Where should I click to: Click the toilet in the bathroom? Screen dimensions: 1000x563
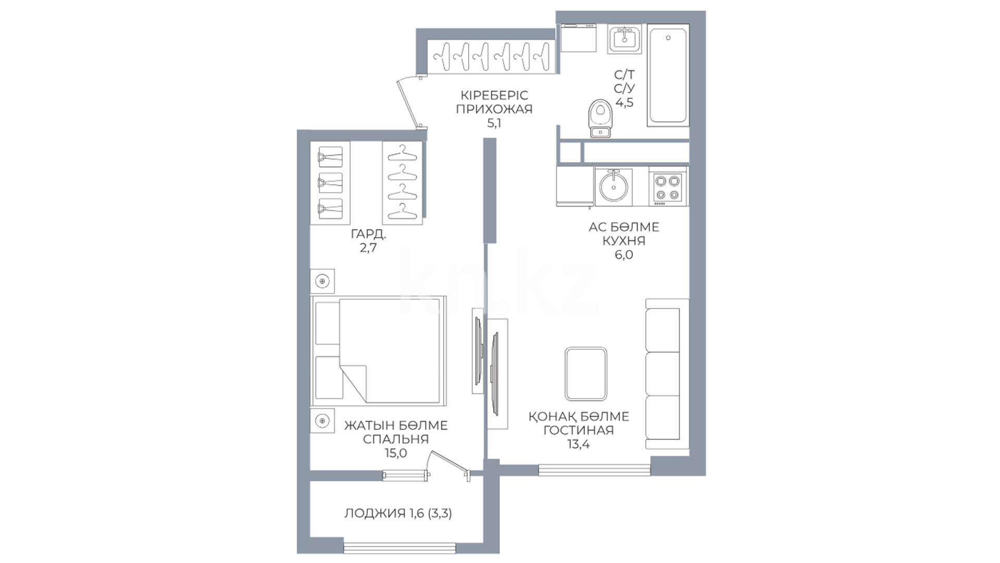tap(601, 118)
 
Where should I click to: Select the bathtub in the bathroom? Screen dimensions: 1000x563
tap(668, 75)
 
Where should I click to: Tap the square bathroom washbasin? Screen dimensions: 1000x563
tap(624, 39)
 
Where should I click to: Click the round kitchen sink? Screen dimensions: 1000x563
tap(614, 187)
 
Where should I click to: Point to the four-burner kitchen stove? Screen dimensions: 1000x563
tap(668, 187)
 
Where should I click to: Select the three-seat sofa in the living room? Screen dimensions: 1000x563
tap(667, 374)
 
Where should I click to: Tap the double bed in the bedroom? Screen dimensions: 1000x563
tap(379, 350)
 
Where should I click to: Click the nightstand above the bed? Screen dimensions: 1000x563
tap(322, 281)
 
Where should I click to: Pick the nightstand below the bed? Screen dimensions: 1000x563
tap(322, 421)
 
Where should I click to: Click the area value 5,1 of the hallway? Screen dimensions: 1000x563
tap(494, 124)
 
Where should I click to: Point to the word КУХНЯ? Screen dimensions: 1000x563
tap(623, 241)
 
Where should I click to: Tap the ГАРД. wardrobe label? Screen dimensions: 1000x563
tap(368, 234)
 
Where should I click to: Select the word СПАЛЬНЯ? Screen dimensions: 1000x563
tap(396, 439)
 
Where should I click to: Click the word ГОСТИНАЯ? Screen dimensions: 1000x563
tap(578, 430)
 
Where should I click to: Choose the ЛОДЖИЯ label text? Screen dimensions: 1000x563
tap(374, 513)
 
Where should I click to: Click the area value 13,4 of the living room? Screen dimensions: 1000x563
tap(578, 444)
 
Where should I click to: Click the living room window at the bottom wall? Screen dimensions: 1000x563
tap(594, 470)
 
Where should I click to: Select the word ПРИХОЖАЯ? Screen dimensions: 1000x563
tap(494, 109)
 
